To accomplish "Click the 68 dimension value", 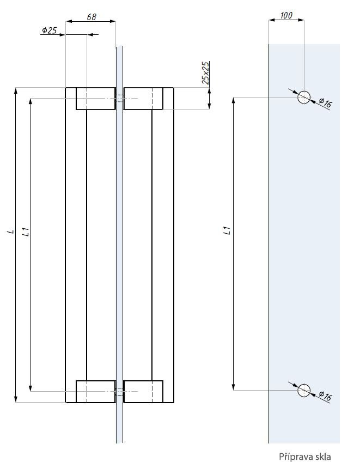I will click(x=91, y=17).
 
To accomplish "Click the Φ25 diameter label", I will click(x=50, y=31).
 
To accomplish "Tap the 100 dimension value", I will click(x=286, y=15).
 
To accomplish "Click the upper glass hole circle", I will click(x=304, y=98).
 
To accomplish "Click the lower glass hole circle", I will click(x=304, y=390).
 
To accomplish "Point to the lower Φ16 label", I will click(x=325, y=396).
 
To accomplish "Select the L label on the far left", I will click(x=10, y=232).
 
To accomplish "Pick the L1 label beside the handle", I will click(x=24, y=232).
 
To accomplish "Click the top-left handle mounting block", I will click(x=95, y=98).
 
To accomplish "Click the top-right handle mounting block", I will click(x=143, y=98).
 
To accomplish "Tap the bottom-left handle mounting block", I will click(x=95, y=391).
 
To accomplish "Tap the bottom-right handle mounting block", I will click(x=143, y=391).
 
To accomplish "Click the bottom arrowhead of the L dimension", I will click(x=16, y=399).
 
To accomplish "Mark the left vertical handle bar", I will click(x=76, y=245).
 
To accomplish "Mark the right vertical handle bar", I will click(x=163, y=245).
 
